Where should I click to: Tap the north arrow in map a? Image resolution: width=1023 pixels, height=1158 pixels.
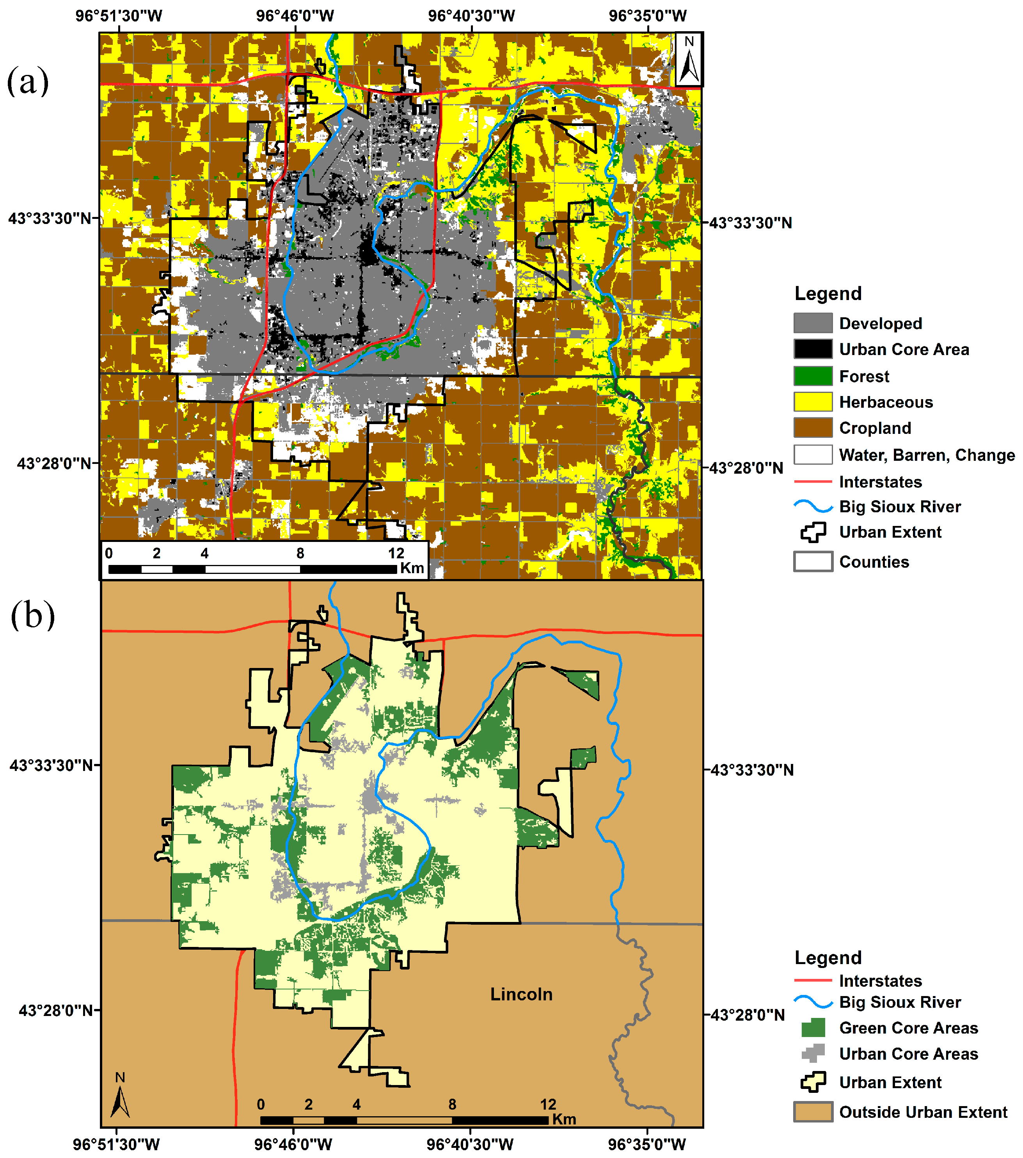click(x=689, y=59)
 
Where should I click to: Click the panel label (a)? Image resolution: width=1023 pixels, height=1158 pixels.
click(x=28, y=81)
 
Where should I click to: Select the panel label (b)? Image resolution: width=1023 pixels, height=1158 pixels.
click(x=33, y=615)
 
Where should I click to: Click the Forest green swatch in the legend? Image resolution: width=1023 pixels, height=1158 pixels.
click(x=812, y=376)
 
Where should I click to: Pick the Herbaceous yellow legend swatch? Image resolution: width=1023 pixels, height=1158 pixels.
click(x=812, y=402)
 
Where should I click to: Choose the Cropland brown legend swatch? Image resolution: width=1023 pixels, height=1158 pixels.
click(x=812, y=428)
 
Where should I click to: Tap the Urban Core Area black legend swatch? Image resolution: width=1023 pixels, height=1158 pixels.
click(x=812, y=349)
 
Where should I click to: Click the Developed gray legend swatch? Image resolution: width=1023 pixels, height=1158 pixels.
click(x=812, y=323)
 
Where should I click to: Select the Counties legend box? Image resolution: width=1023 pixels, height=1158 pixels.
click(x=812, y=561)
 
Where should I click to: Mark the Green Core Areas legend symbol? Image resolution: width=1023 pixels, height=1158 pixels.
click(x=813, y=1028)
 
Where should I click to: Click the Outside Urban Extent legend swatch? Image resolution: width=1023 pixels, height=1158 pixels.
click(x=812, y=1112)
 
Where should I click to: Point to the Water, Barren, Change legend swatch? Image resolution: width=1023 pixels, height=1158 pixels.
click(x=812, y=455)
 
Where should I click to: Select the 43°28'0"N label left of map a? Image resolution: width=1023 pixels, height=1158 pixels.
click(x=54, y=464)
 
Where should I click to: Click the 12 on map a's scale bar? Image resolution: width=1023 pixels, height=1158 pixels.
click(x=396, y=554)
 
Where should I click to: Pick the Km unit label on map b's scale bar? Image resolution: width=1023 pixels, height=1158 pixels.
click(x=564, y=1119)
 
